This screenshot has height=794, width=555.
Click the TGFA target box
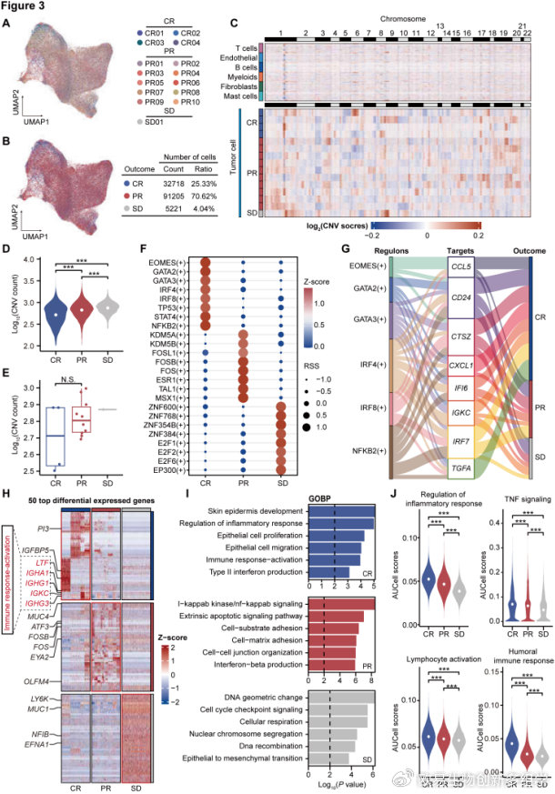coord(464,470)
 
